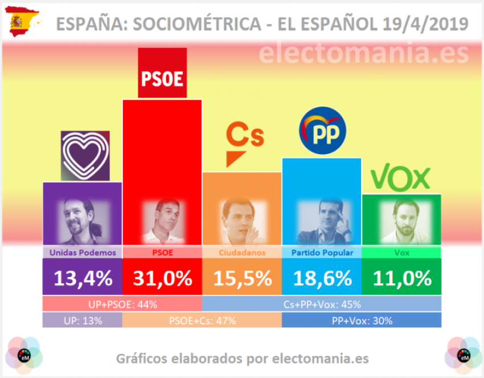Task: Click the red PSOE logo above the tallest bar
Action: pos(163,73)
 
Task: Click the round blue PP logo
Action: pos(323,132)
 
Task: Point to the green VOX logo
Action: pos(400,178)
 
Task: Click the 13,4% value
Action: pos(83,277)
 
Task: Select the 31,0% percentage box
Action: pos(162,277)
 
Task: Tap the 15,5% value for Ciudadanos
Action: pos(242,277)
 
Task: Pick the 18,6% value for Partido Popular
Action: pos(322,277)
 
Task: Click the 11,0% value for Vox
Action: pos(402,277)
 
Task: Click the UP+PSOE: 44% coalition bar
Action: pos(122,304)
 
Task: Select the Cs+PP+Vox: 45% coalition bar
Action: pos(322,304)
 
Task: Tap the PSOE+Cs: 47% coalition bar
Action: pos(202,320)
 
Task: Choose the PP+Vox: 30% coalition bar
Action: pos(362,320)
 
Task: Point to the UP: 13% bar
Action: pos(83,320)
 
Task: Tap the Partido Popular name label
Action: pos(322,253)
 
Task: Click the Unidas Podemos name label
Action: pos(83,253)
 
